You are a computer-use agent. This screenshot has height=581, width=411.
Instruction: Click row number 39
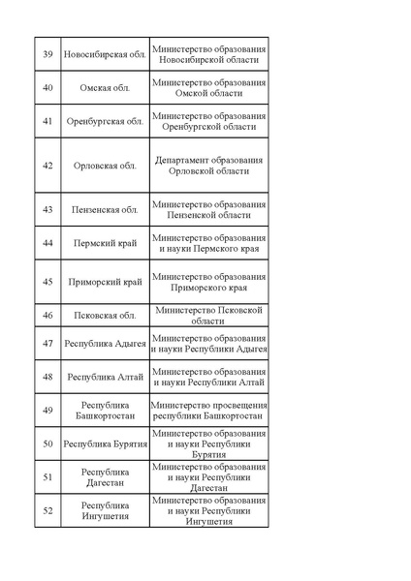[x=47, y=54]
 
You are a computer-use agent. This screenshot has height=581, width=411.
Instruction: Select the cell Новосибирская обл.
[x=105, y=54]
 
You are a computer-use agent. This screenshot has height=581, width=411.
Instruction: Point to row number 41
[x=47, y=121]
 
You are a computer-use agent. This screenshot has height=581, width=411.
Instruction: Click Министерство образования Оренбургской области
[x=209, y=121]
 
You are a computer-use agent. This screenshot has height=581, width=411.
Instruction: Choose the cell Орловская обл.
[x=105, y=166]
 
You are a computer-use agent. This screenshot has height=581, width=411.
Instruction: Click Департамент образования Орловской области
[x=209, y=166]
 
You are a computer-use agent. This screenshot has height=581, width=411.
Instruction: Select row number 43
[x=47, y=209]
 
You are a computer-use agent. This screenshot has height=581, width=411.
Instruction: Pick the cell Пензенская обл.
[x=105, y=209]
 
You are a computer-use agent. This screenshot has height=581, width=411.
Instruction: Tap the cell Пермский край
[x=105, y=243]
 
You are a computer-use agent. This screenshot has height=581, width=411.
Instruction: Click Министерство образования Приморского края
[x=209, y=282]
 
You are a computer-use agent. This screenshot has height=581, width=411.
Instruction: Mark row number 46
[x=47, y=315]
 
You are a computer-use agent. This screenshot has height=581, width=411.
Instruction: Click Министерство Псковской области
[x=209, y=315]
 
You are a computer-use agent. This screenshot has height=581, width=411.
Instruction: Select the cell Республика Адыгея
[x=105, y=344]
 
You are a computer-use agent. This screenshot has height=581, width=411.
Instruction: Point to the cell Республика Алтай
[x=105, y=377]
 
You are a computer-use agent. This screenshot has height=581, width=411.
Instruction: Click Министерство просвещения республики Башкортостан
[x=209, y=410]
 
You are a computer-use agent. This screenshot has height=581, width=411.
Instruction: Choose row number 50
[x=47, y=443]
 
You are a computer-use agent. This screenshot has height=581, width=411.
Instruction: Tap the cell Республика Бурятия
[x=105, y=443]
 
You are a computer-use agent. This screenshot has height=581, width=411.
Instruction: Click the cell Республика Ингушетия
[x=105, y=510]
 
